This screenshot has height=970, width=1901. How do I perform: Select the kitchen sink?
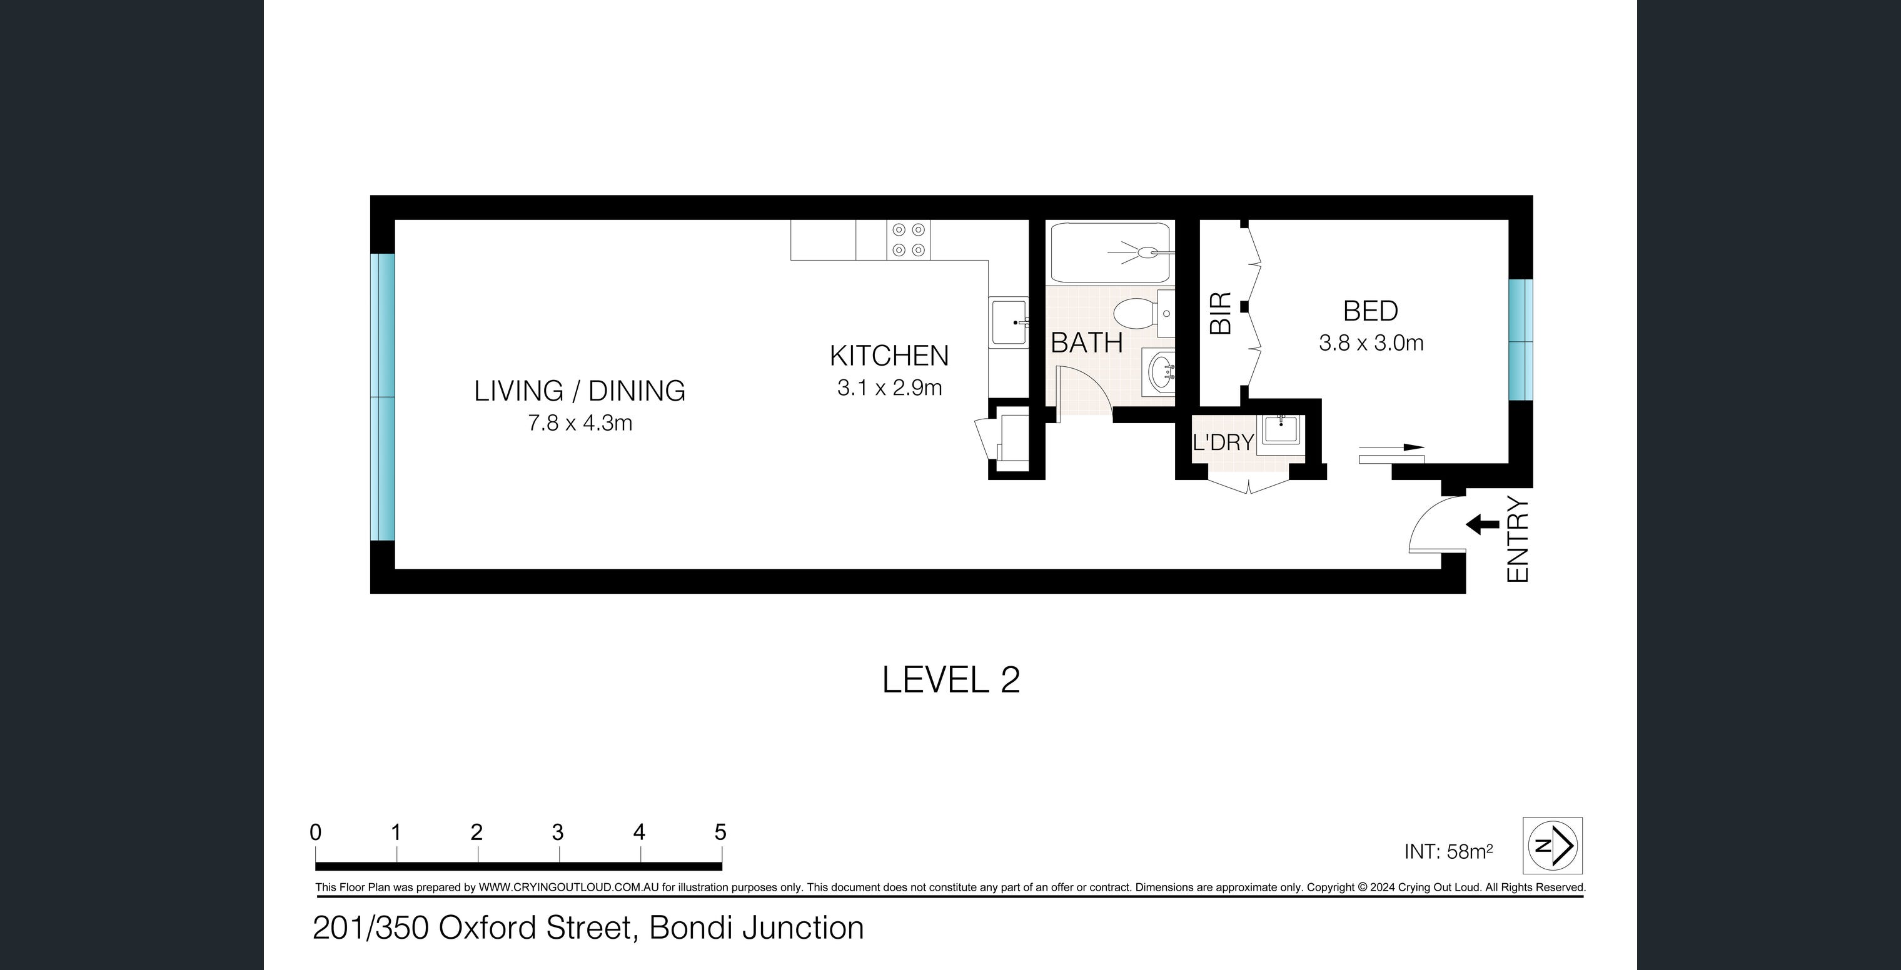[1009, 322]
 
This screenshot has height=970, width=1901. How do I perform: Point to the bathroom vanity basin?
[1160, 374]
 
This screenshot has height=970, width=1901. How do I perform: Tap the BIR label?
[1221, 314]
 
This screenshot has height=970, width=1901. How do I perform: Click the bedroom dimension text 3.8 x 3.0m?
[1370, 343]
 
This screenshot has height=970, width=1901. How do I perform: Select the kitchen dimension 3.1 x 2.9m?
[889, 388]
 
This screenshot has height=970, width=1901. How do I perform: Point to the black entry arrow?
[1482, 525]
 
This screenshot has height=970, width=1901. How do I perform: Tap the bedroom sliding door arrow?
[1392, 447]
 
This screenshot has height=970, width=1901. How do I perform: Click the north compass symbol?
[1553, 846]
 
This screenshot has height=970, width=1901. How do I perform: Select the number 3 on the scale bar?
[558, 832]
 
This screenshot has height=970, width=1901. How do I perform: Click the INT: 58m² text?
[1448, 852]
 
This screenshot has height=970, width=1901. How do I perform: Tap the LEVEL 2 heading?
[950, 679]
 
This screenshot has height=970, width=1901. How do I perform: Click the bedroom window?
[1520, 340]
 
